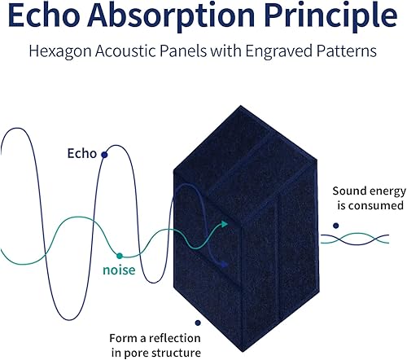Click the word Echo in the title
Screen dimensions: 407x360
pos(44,15)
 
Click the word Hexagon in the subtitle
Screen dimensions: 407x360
pos(60,51)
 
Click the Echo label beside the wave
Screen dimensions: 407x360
pos(82,153)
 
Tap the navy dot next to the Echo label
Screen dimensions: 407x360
pos(104,155)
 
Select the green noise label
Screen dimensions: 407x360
pos(119,270)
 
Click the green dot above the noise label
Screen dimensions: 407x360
pos(120,256)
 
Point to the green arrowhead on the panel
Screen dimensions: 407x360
pos(225,224)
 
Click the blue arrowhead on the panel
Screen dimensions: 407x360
pos(223,264)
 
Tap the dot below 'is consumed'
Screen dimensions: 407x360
pos(336,226)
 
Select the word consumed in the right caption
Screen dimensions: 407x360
pos(375,205)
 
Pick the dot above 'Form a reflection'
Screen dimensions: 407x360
pos(198,323)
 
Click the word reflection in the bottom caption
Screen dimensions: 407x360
pos(174,338)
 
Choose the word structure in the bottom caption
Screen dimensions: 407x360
pos(176,353)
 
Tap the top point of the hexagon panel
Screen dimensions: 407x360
pos(240,106)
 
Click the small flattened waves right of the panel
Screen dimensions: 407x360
pos(355,239)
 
